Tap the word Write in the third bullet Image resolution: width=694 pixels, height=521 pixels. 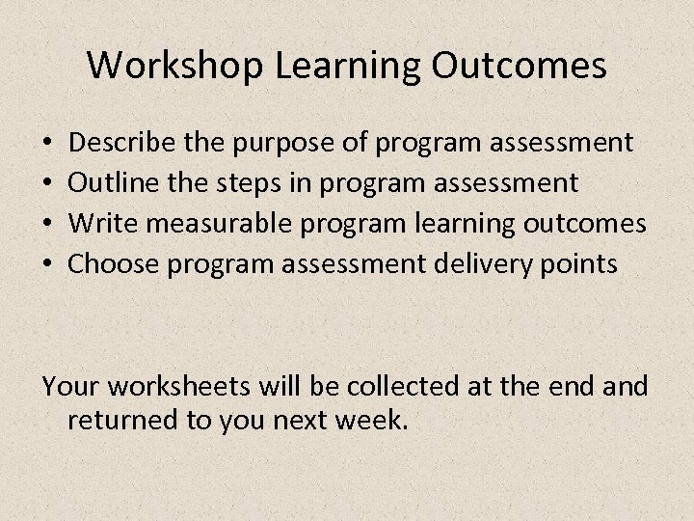coord(98,222)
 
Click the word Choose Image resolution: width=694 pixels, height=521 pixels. coord(115,262)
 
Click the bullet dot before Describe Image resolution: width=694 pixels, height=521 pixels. coord(48,145)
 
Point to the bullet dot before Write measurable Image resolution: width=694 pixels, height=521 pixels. coord(48,224)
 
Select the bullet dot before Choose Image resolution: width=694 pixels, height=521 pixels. coord(48,263)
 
